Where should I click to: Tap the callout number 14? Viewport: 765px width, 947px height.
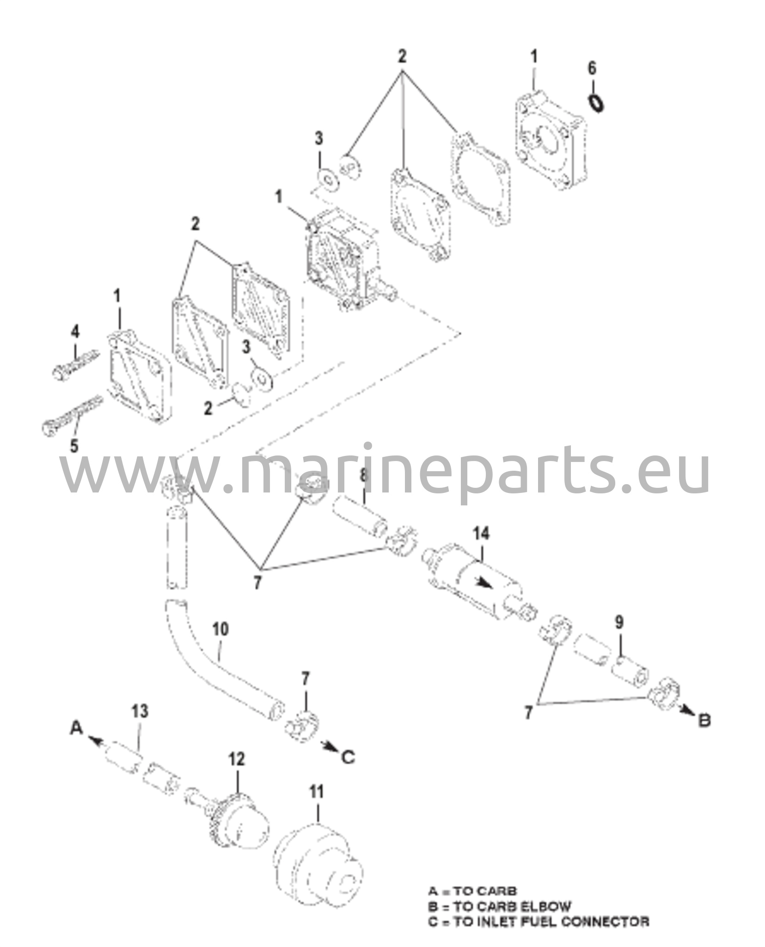coord(481,533)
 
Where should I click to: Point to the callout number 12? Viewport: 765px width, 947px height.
coord(237,759)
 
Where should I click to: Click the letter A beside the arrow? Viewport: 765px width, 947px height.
coord(76,729)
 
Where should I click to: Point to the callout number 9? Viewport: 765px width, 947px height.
coord(619,622)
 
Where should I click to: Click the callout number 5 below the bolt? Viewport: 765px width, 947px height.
coord(74,446)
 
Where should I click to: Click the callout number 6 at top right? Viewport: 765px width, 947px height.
coord(592,68)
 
